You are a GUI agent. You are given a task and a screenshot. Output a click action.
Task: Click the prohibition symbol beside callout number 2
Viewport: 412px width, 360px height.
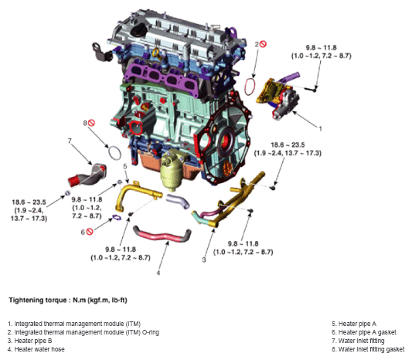263,44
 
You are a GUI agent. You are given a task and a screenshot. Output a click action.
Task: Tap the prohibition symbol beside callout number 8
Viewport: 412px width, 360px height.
91,123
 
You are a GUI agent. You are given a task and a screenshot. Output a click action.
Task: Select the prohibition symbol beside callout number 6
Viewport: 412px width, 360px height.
90,232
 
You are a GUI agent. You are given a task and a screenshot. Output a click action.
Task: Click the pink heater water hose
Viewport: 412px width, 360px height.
162,235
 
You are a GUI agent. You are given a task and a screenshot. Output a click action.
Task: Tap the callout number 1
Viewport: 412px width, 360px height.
320,129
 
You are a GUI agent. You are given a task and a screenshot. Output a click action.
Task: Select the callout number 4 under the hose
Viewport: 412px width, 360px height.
158,273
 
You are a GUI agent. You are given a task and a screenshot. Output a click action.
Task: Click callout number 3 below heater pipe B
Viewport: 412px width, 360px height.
204,260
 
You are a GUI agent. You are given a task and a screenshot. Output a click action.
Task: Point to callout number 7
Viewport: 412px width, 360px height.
70,141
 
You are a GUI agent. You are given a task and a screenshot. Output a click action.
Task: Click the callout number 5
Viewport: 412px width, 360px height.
125,166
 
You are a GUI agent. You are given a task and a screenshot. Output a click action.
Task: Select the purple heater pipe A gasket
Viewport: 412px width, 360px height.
117,217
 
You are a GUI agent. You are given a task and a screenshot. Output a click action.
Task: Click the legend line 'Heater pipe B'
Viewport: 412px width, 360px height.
30,341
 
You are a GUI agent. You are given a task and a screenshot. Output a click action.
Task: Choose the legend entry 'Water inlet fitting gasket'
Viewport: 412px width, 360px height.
368,349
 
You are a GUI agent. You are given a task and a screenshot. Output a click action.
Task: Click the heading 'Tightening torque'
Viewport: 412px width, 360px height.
38,301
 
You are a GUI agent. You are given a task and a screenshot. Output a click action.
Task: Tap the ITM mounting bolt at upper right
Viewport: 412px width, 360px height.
311,90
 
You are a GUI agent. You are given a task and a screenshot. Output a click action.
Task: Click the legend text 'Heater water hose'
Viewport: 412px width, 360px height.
36,349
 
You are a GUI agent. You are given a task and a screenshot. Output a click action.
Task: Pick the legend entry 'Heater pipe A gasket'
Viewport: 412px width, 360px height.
364,332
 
